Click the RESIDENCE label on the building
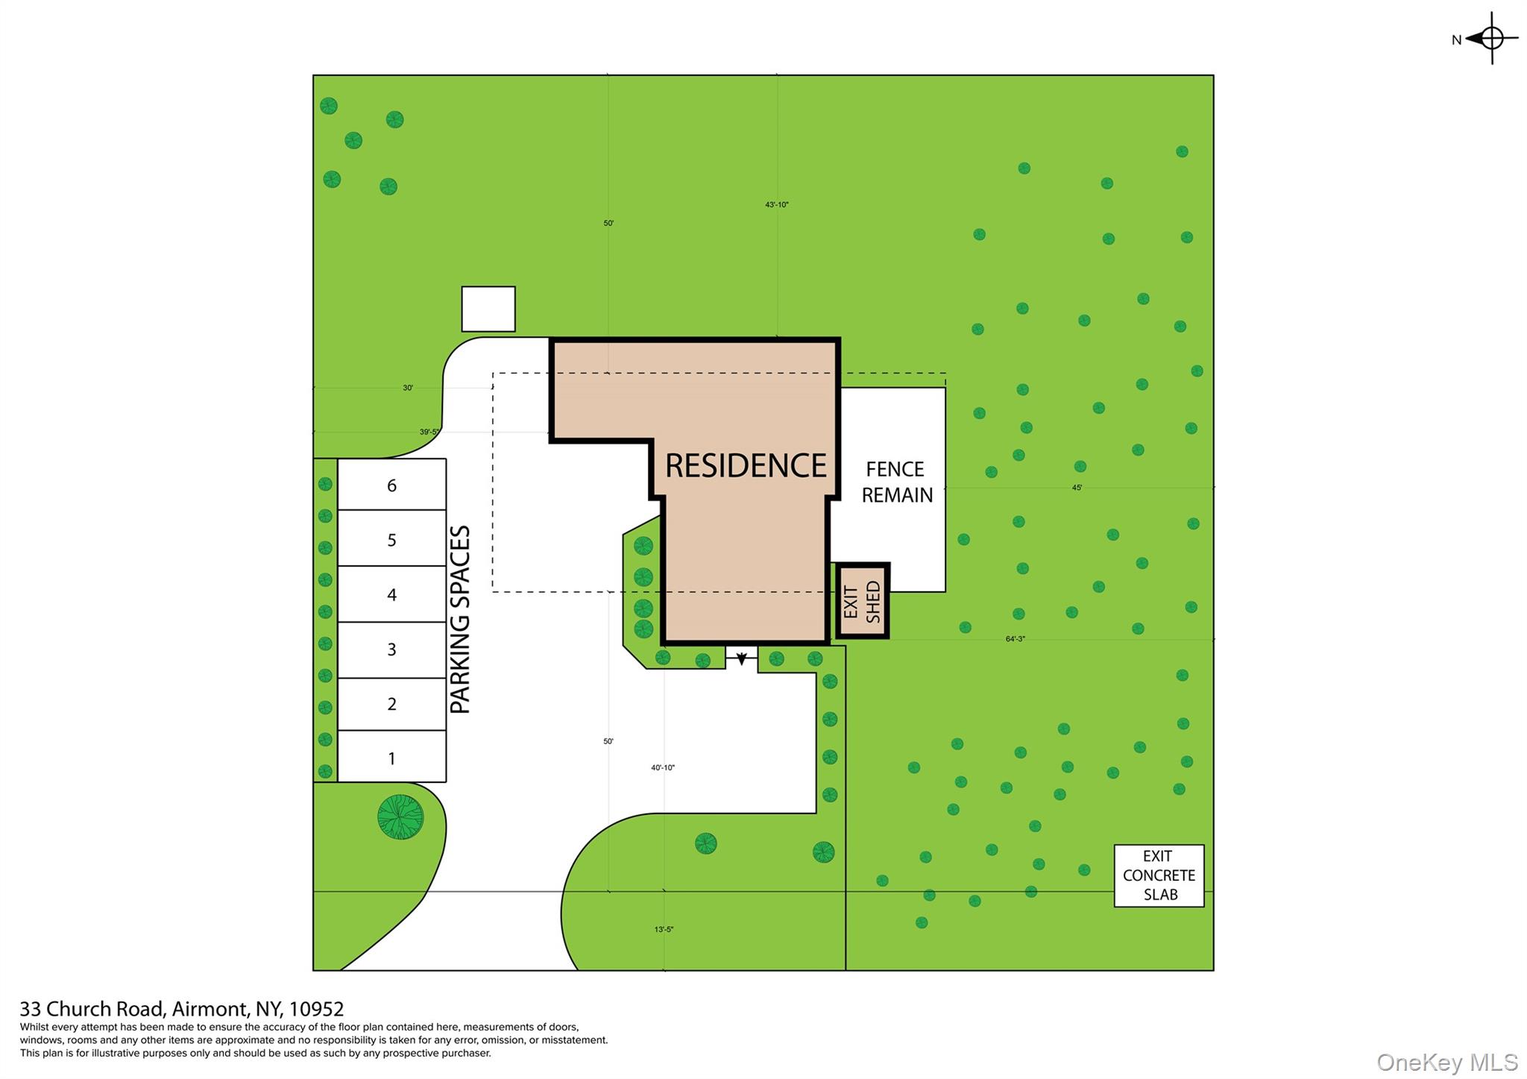(x=746, y=465)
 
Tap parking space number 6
(x=392, y=485)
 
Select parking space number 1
(x=392, y=757)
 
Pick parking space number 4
(x=392, y=594)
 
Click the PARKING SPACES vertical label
(x=460, y=619)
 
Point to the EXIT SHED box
(x=863, y=601)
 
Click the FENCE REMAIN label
(x=896, y=482)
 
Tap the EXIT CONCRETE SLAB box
(x=1159, y=875)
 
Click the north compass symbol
(x=1490, y=38)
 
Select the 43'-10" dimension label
(x=776, y=204)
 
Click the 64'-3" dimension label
(x=1015, y=639)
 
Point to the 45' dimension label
(x=1077, y=488)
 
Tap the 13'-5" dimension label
(x=664, y=929)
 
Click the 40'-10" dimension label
(x=662, y=767)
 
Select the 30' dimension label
(x=408, y=388)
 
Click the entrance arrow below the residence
(x=741, y=658)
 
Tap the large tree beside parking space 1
(x=400, y=817)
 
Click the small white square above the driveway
(x=488, y=309)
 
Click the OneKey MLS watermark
(x=1447, y=1062)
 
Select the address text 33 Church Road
(x=91, y=1009)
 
